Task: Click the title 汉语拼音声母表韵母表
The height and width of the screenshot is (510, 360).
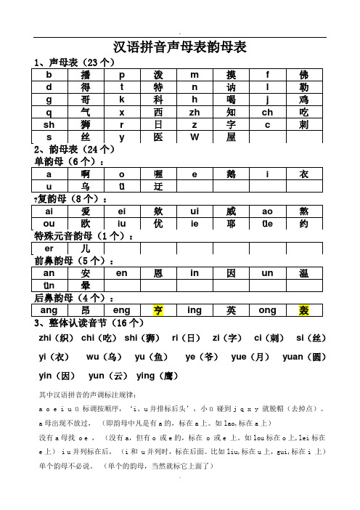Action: pyautogui.click(x=180, y=48)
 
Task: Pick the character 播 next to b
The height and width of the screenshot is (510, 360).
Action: pyautogui.click(x=86, y=74)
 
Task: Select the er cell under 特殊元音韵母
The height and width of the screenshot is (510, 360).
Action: pyautogui.click(x=50, y=248)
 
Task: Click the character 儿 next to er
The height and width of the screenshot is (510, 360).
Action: pyautogui.click(x=86, y=248)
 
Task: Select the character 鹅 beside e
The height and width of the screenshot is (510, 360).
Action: pyautogui.click(x=231, y=174)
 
